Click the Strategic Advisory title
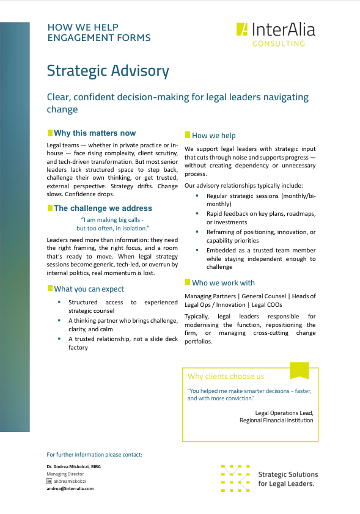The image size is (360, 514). click(108, 71)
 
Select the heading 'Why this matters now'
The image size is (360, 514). click(95, 133)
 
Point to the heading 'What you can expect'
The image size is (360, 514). click(89, 288)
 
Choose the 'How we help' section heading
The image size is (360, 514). click(213, 136)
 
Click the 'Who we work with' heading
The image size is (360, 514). click(223, 283)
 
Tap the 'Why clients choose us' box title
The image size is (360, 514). click(226, 376)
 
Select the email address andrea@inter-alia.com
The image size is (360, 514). click(70, 489)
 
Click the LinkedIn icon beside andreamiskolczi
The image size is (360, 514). click(50, 482)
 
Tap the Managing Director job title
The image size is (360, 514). click(65, 474)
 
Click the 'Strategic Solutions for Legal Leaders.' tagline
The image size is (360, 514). click(288, 479)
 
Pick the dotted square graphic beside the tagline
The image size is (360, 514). click(235, 479)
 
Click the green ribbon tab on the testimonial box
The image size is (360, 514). click(299, 370)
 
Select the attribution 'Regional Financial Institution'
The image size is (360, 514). click(276, 420)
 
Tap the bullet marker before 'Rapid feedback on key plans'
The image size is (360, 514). click(197, 213)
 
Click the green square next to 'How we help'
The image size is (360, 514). click(187, 134)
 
